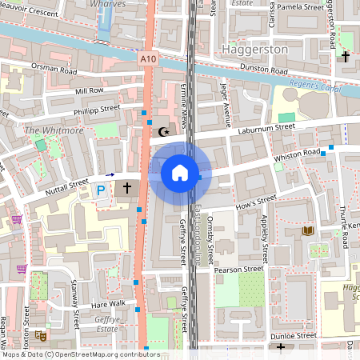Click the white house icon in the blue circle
[180, 172]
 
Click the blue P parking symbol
[101, 190]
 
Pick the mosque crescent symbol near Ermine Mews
[165, 131]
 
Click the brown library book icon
[307, 231]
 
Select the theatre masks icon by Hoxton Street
[39, 336]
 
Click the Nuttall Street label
[65, 186]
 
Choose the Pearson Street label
[239, 270]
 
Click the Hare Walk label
[108, 304]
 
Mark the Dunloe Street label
[294, 337]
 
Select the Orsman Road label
[53, 68]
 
